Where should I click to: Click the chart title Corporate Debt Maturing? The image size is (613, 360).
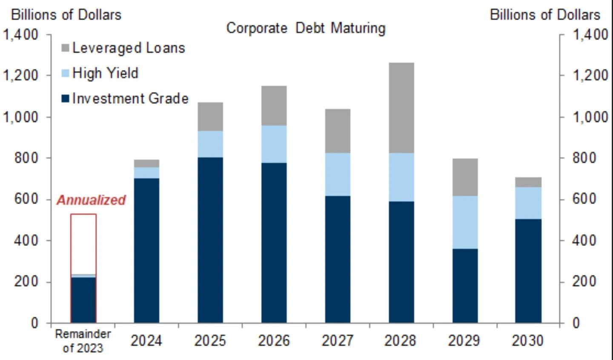pos(306,28)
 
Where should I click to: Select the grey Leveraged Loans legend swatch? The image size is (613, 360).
pos(65,48)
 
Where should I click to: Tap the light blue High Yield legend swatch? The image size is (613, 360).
pos(65,73)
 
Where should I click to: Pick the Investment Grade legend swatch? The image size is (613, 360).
pos(65,99)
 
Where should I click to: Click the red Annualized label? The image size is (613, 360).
pos(91,200)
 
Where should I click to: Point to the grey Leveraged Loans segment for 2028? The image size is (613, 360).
pos(401,107)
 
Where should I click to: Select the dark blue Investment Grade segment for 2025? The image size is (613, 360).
pos(210,240)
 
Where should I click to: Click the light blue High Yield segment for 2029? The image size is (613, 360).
pos(465,222)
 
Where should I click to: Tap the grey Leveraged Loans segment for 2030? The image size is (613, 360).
pos(528,182)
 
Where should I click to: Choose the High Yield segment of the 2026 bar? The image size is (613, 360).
pos(274,144)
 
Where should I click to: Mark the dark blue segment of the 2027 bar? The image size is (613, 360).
pos(338,259)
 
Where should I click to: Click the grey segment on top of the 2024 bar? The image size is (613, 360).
pos(146,163)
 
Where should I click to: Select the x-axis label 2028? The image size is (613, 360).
pos(400,340)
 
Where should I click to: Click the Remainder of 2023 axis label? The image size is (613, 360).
pos(83,341)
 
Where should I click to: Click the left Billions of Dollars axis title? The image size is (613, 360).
pos(66,14)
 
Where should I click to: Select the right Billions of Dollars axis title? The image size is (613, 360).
pos(545,14)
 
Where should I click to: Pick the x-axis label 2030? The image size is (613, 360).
pos(528,340)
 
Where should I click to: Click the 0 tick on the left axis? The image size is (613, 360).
pos(34,323)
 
